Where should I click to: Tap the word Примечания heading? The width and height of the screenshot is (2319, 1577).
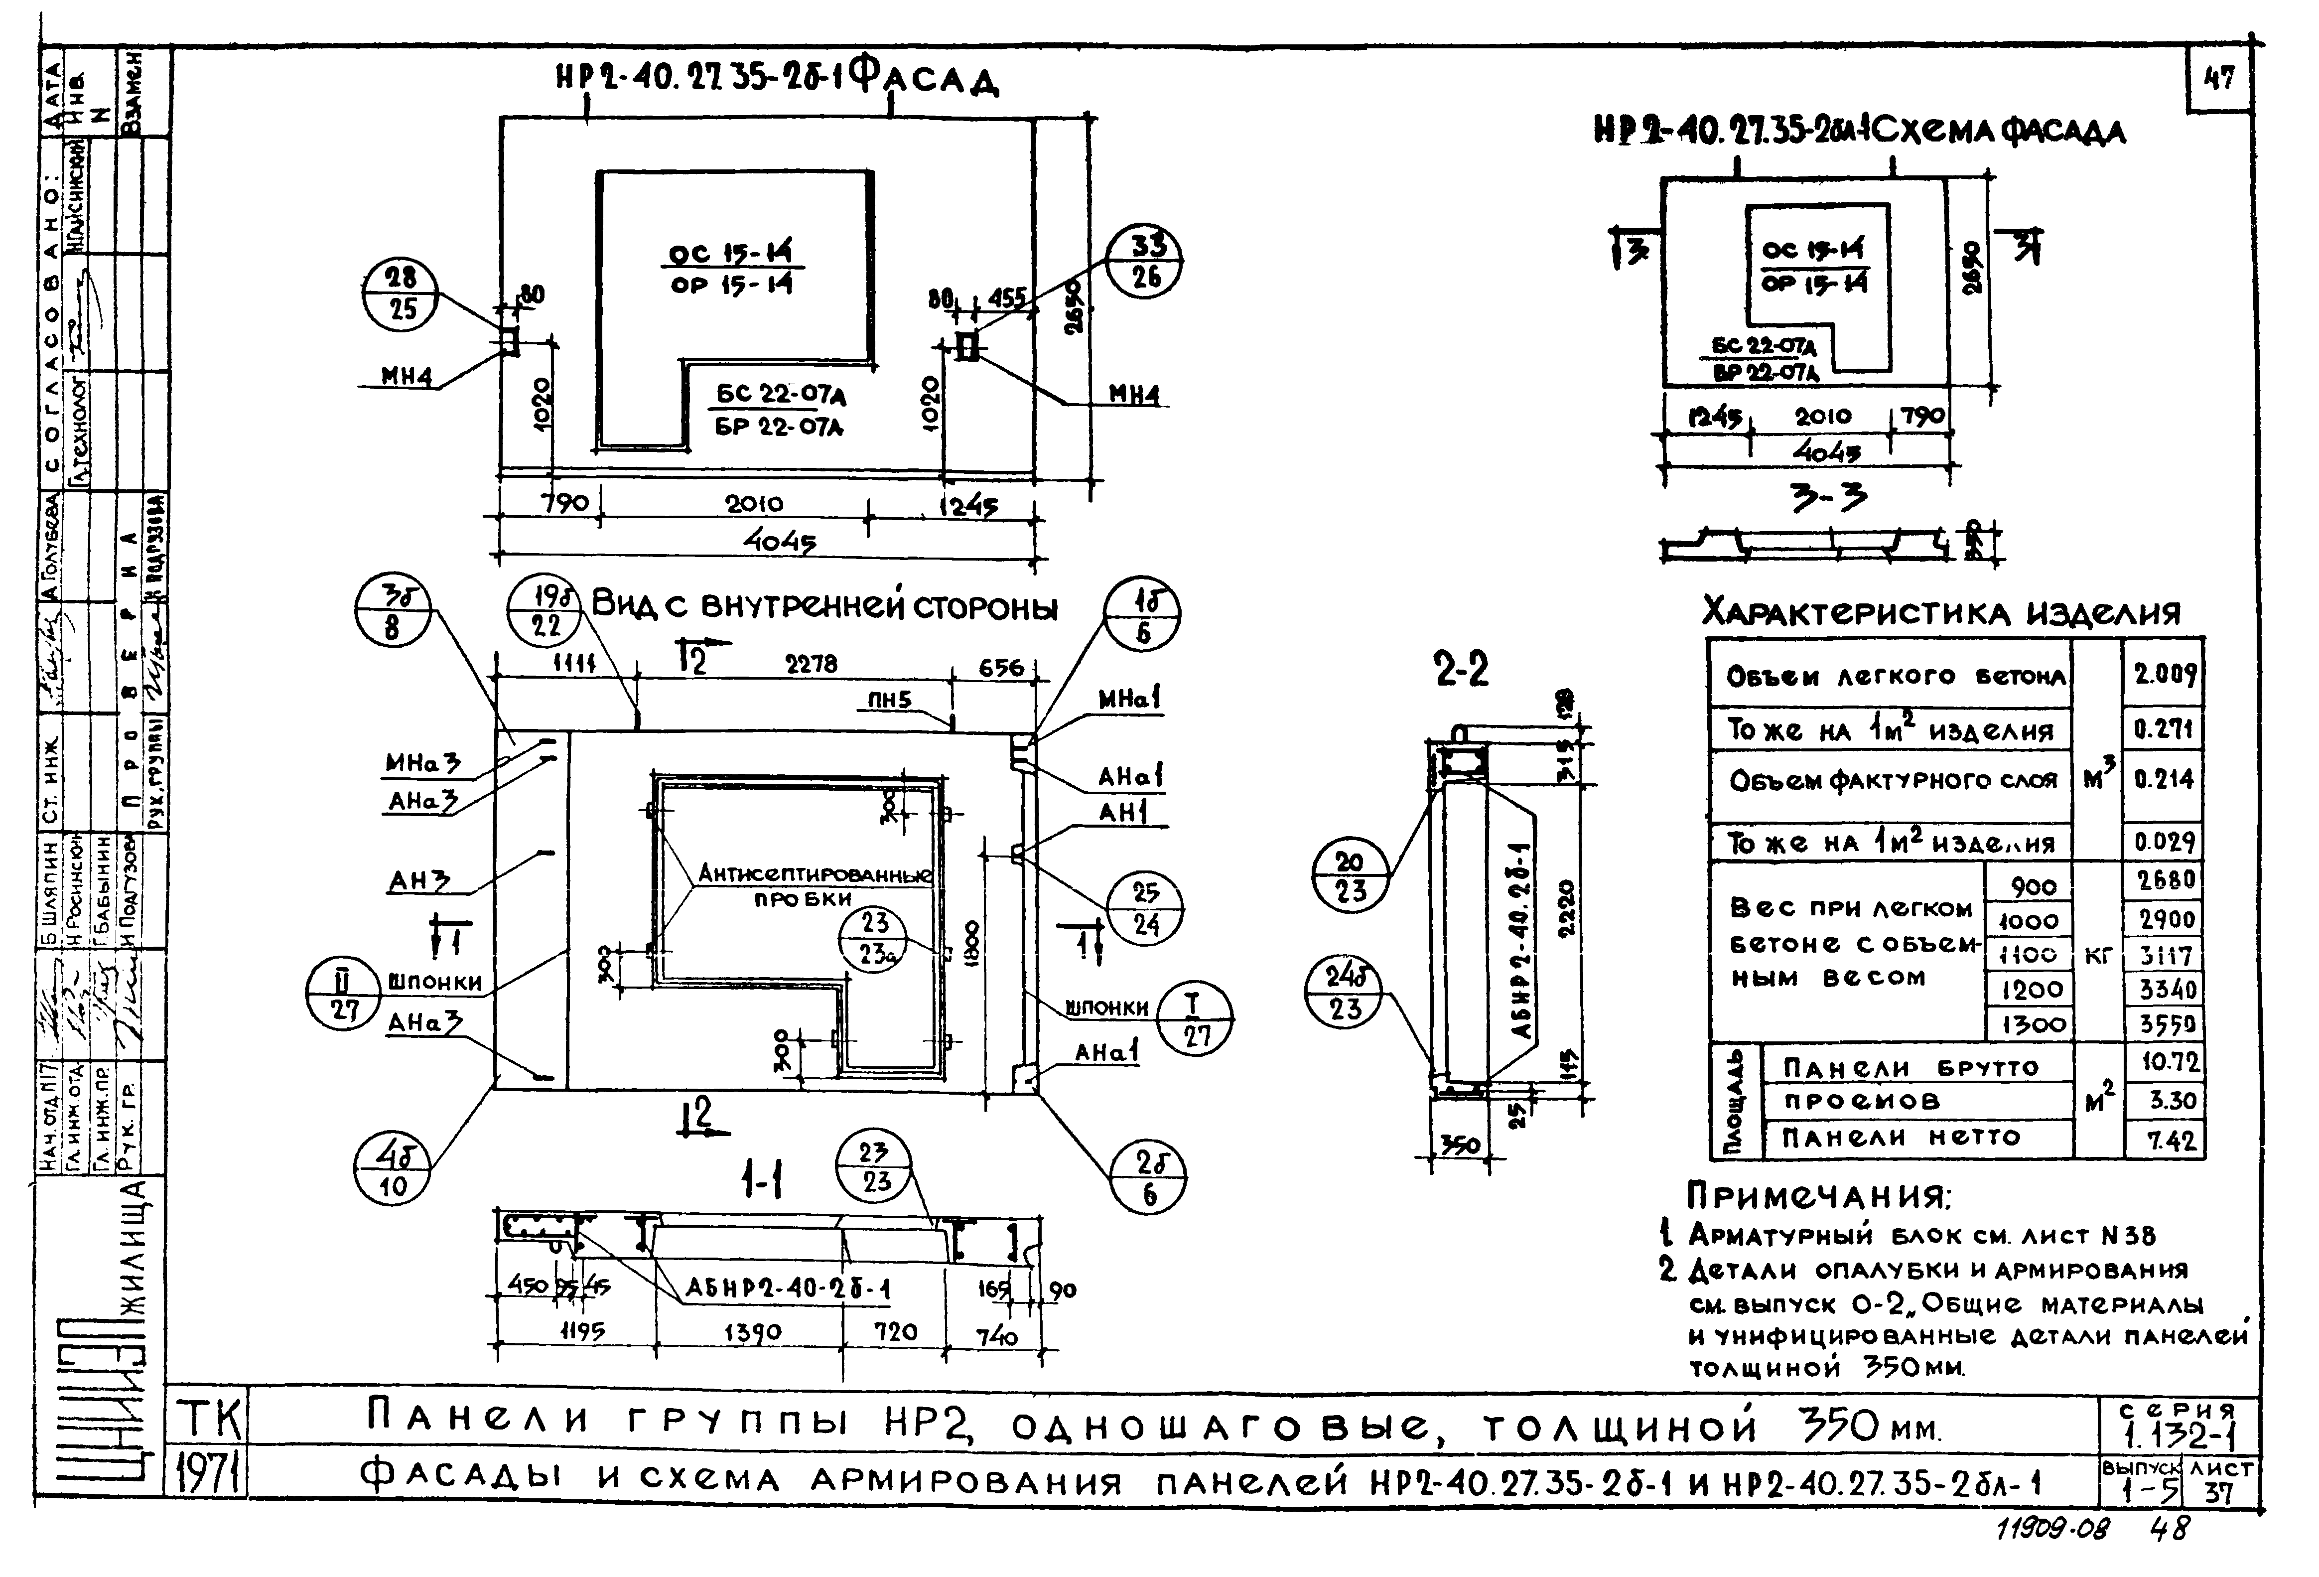1818,1195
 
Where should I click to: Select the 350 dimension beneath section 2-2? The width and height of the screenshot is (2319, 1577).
1460,1146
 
